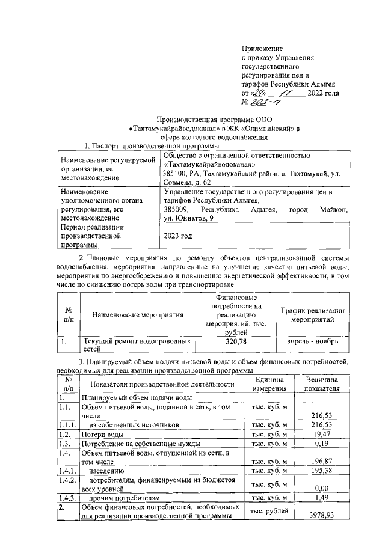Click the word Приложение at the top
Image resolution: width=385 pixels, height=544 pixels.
point(262,47)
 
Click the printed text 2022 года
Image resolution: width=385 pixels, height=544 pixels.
point(324,93)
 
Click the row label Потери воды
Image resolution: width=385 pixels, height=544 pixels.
point(103,433)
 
